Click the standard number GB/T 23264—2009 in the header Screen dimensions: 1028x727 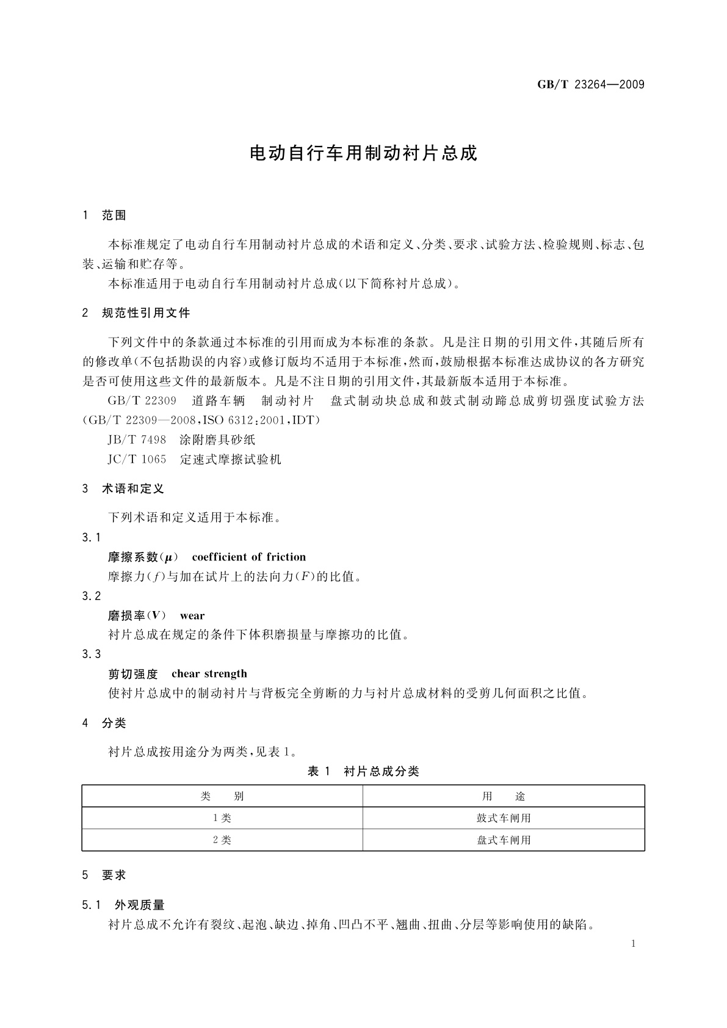point(590,84)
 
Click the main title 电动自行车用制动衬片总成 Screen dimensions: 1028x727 point(363,153)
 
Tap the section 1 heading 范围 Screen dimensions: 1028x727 point(114,215)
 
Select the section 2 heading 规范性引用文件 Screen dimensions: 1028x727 point(146,313)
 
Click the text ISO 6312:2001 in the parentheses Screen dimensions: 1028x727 point(245,420)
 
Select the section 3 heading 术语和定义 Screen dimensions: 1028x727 point(133,489)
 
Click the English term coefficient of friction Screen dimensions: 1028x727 point(248,557)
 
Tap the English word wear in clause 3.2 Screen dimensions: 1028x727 point(192,615)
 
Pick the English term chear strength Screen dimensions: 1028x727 point(209,674)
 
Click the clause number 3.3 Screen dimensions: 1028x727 point(92,654)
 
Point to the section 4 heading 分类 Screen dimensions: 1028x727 point(114,723)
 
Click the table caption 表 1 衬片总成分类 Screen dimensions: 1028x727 point(363,772)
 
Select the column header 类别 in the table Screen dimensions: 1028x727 point(222,796)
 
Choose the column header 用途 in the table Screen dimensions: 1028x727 point(504,796)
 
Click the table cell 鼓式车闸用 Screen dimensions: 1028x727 point(504,818)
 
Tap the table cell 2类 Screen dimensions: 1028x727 point(222,840)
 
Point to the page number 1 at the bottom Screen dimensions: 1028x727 point(633,944)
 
